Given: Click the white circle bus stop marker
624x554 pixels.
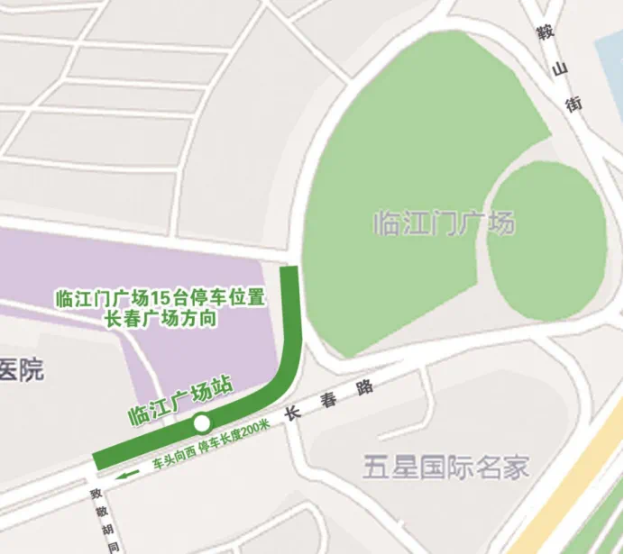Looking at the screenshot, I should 202,422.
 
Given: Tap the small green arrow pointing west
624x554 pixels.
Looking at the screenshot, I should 132,472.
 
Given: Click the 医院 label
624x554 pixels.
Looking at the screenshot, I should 21,369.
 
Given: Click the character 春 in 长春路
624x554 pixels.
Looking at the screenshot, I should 328,400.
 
